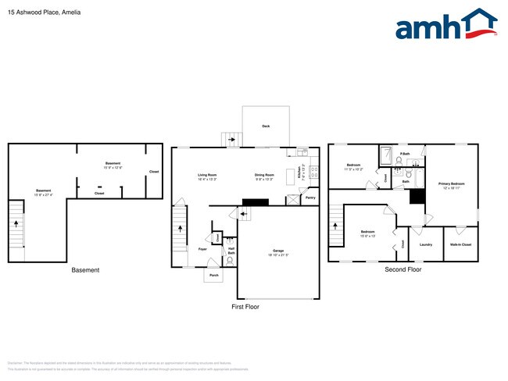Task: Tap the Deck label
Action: pos(266,126)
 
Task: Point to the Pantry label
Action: pos(309,198)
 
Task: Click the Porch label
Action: pos(214,275)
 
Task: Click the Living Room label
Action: pos(207,176)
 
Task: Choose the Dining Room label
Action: pos(264,176)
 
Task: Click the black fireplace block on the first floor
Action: pos(256,201)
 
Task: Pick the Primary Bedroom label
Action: pos(451,185)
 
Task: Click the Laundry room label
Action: pos(426,244)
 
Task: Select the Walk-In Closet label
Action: pos(461,244)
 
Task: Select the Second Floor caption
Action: pos(402,269)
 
